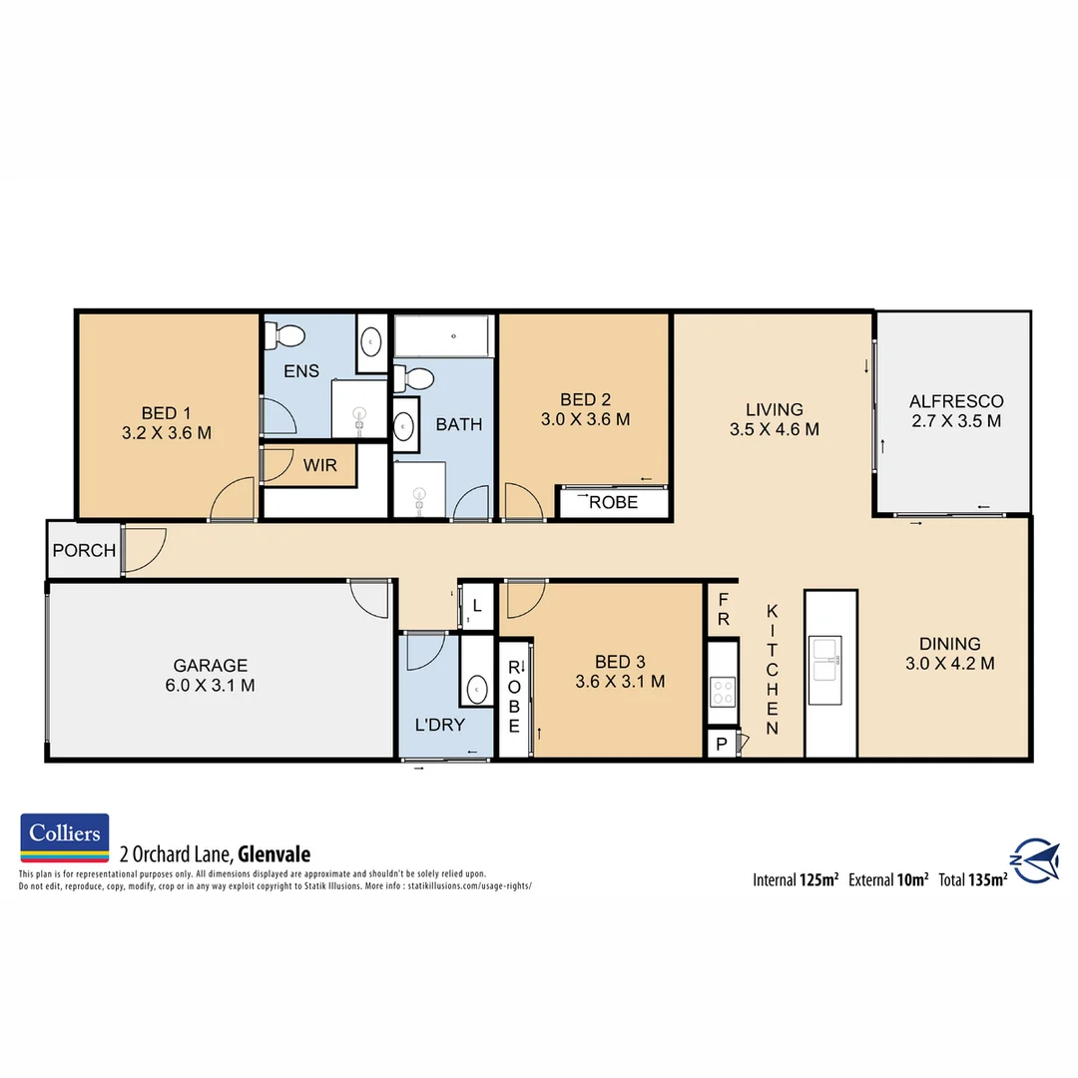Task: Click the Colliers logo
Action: [x=65, y=837]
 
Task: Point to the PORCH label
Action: [x=84, y=550]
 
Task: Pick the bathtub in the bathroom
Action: [x=443, y=336]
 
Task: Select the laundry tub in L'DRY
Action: [x=477, y=688]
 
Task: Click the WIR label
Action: [x=320, y=466]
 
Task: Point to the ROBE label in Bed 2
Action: [x=613, y=502]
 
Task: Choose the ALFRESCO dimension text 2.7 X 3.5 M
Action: [x=955, y=421]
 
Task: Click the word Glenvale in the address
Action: [x=274, y=854]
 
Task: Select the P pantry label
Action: [x=721, y=744]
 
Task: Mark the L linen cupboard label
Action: [x=477, y=606]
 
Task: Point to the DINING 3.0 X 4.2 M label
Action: [x=949, y=653]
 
